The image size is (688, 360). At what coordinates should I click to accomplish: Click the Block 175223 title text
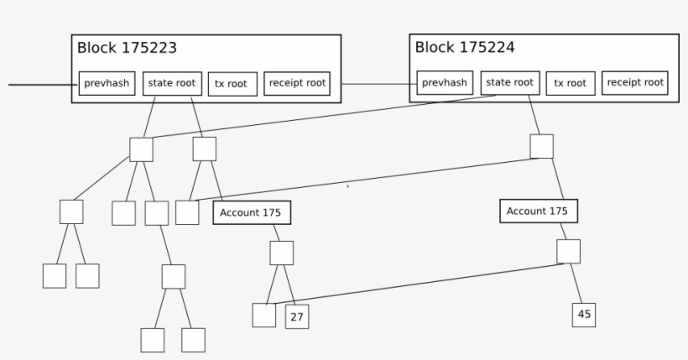127,49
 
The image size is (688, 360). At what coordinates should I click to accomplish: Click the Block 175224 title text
465,48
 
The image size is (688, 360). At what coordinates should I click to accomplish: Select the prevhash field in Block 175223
107,84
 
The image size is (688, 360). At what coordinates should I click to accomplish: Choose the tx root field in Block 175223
232,84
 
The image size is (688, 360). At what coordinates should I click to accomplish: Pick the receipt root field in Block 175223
297,83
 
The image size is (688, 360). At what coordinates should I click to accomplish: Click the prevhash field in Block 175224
445,83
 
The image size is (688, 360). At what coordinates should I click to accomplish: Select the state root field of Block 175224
510,82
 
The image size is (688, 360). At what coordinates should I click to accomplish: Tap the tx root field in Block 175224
571,83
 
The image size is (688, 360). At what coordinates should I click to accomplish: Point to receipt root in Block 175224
635,82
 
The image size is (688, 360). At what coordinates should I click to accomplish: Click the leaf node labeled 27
297,317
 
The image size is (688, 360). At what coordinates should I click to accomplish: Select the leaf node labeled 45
584,315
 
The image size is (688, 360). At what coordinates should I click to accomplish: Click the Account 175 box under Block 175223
251,213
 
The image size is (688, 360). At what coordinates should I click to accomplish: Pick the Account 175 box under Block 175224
538,211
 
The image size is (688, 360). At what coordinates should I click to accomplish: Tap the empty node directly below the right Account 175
568,252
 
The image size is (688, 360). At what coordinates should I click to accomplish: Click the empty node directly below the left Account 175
281,253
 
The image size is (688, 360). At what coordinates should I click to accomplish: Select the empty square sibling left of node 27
263,316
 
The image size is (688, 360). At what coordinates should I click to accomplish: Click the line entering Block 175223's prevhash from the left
42,85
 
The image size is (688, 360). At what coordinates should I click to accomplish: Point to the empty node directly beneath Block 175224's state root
542,146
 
